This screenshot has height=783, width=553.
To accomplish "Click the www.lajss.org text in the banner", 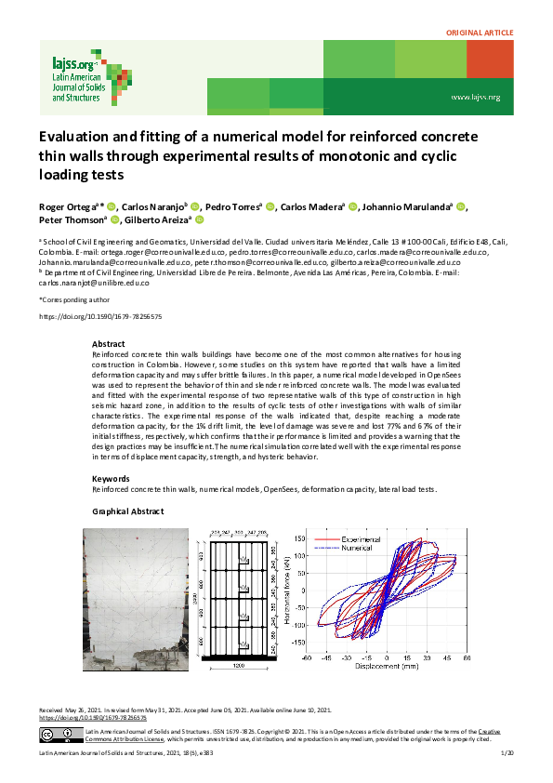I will tap(475, 97).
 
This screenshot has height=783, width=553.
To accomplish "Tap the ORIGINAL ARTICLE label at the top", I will tap(480, 33).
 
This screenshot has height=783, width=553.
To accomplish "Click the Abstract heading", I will tap(108, 344).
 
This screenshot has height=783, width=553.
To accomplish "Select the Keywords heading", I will tap(111, 479).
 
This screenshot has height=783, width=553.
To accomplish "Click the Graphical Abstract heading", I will tap(128, 512).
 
